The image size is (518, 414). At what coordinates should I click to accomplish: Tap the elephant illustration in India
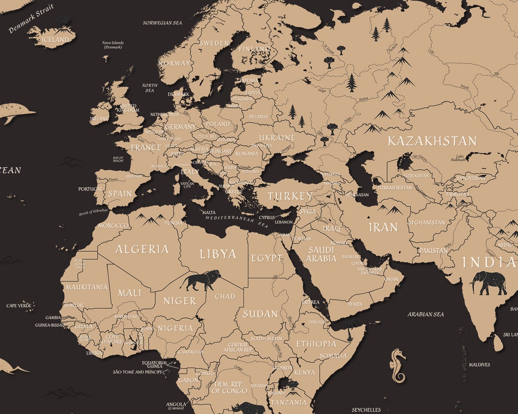pos(488,283)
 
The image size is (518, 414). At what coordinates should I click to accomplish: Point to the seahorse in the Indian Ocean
pos(398,365)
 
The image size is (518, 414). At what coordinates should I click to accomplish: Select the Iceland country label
pos(55,39)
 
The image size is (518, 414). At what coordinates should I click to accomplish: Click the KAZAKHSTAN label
pos(432,141)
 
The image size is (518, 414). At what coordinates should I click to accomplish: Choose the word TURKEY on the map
pos(290,197)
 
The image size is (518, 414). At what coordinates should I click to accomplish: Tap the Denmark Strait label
pos(31,19)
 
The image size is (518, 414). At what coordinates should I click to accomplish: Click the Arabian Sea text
pos(425,314)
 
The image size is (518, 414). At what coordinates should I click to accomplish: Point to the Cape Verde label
pos(19,306)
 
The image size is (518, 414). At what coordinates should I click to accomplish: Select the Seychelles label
pos(366,410)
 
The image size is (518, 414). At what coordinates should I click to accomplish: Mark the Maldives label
pos(479,365)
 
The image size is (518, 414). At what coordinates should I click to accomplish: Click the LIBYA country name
pos(218,254)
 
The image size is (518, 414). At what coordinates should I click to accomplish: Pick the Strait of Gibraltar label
pos(94,212)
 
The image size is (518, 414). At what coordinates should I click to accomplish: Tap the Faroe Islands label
pos(113,45)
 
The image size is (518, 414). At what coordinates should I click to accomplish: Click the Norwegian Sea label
pos(162,23)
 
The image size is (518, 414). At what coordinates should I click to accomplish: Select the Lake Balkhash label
pos(458,158)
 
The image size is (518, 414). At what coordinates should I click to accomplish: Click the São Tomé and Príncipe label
pos(138,372)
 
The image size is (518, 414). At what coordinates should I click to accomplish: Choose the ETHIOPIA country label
pos(316,344)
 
